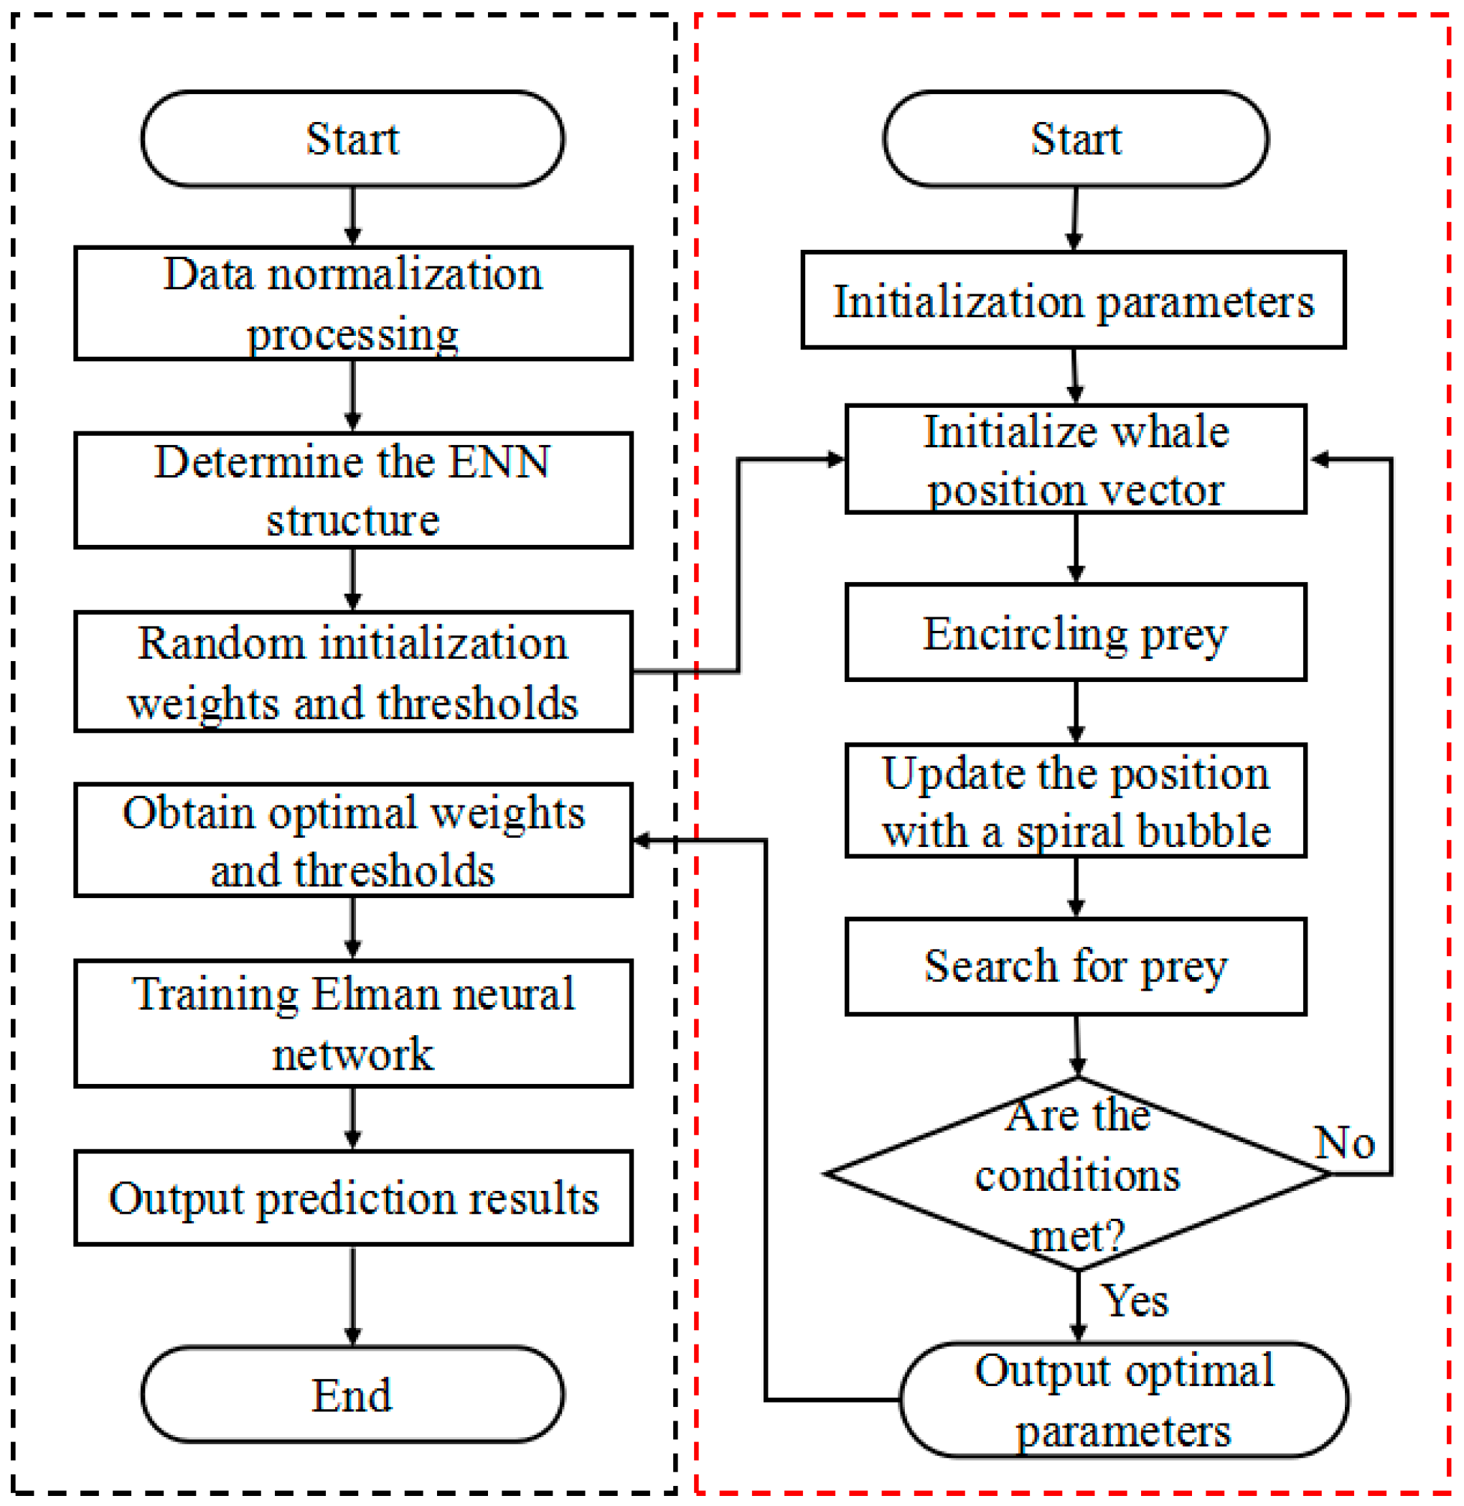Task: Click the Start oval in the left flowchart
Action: (x=352, y=139)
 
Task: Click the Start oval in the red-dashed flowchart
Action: (x=1075, y=139)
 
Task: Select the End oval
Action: (x=352, y=1394)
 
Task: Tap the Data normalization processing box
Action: (x=353, y=303)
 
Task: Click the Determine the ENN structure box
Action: (x=353, y=490)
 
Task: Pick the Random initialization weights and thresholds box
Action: (x=353, y=671)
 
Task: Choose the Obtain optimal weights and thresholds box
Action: (x=353, y=840)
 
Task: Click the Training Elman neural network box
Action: (x=353, y=1023)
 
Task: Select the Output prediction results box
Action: (x=353, y=1197)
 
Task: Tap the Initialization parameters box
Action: (x=1074, y=300)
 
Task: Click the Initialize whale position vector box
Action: (x=1075, y=459)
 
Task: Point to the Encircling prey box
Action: (x=1075, y=632)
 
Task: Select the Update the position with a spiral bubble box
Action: (x=1075, y=800)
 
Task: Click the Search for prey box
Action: (x=1075, y=966)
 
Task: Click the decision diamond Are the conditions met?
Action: (x=1077, y=1174)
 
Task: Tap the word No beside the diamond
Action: (x=1344, y=1142)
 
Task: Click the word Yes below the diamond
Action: (x=1134, y=1301)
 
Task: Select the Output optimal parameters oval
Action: (x=1123, y=1399)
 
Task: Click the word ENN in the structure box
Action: (x=499, y=462)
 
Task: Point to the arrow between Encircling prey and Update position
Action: (x=1076, y=711)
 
